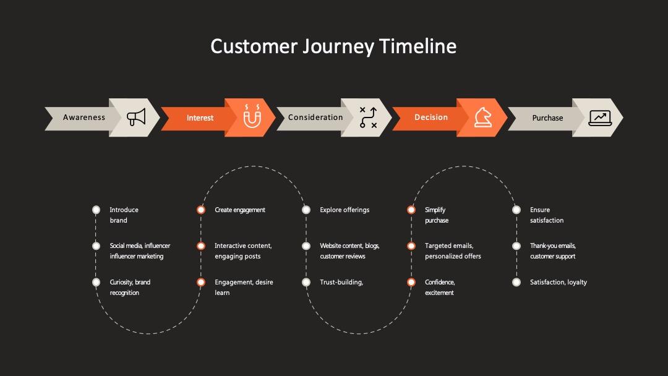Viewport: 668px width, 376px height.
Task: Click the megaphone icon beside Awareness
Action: click(x=136, y=117)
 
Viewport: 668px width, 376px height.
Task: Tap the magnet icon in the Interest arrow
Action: click(x=252, y=116)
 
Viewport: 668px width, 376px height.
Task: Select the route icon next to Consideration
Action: click(x=368, y=117)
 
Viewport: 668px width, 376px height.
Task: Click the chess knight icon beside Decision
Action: click(x=483, y=117)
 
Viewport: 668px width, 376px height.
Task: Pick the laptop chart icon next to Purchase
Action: click(x=600, y=118)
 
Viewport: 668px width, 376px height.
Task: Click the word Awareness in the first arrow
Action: click(x=84, y=117)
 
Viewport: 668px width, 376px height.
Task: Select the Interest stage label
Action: click(x=200, y=118)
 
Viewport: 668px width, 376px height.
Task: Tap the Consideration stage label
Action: click(x=315, y=117)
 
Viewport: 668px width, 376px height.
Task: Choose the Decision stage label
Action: click(x=431, y=117)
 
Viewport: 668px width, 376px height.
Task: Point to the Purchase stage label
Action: click(x=547, y=118)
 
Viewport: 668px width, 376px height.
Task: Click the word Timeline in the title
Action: click(x=417, y=46)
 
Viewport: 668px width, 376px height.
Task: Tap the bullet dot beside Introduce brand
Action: click(x=96, y=210)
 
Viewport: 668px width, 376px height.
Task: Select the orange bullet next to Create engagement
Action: click(x=201, y=210)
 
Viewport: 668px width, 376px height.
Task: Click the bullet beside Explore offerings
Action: click(x=306, y=210)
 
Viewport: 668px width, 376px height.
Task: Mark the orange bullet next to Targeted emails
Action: click(x=411, y=246)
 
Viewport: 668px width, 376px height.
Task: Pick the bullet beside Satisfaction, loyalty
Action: click(x=516, y=282)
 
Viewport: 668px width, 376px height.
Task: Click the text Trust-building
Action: click(x=341, y=282)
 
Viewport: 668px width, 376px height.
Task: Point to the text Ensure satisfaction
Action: click(x=547, y=215)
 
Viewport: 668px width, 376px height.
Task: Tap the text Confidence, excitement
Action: click(x=440, y=288)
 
